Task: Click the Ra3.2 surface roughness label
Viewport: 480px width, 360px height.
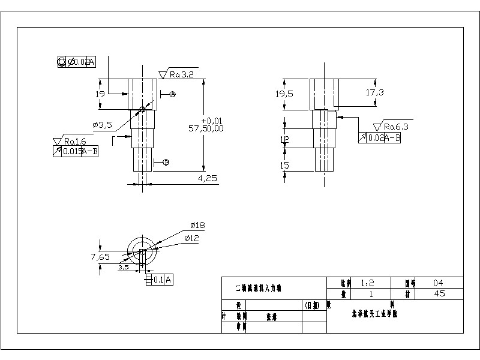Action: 181,74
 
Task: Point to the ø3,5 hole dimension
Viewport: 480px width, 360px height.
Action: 103,125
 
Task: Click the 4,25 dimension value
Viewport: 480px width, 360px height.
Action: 207,178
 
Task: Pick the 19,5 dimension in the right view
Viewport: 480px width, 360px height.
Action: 284,94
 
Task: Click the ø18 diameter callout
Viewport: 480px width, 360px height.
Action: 197,225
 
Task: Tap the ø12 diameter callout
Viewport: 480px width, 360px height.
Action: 191,238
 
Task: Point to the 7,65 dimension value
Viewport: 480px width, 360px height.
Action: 100,257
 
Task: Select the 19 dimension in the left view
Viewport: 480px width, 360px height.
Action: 100,94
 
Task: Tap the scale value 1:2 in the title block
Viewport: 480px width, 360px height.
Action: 367,283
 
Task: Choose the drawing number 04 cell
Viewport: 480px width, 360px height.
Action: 439,283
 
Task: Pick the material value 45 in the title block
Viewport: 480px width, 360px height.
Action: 439,294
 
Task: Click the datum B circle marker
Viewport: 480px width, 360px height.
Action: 166,162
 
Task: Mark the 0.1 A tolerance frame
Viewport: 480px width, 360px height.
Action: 159,280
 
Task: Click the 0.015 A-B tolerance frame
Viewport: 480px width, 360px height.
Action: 76,151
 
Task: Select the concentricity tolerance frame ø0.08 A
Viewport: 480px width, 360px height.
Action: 76,61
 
